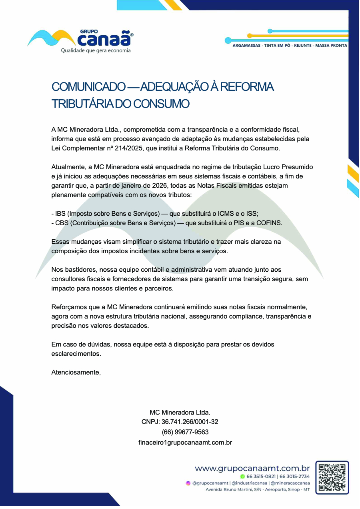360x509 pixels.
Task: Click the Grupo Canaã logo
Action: coord(80,38)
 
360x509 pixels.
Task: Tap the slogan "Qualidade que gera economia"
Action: coord(95,50)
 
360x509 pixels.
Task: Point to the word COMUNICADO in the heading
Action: coord(88,86)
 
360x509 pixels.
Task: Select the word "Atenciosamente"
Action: coord(76,372)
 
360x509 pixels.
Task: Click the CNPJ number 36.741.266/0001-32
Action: coord(190,422)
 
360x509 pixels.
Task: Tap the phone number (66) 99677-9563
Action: coord(185,432)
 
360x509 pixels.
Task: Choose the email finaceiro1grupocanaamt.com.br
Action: coord(185,443)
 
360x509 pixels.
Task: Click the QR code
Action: coord(332,477)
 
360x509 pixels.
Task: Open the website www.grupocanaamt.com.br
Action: coord(252,468)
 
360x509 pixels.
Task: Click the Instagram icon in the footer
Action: coord(188,483)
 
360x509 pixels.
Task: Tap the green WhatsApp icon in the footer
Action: coord(242,476)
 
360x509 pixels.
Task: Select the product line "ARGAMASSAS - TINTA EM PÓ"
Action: coord(261,46)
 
